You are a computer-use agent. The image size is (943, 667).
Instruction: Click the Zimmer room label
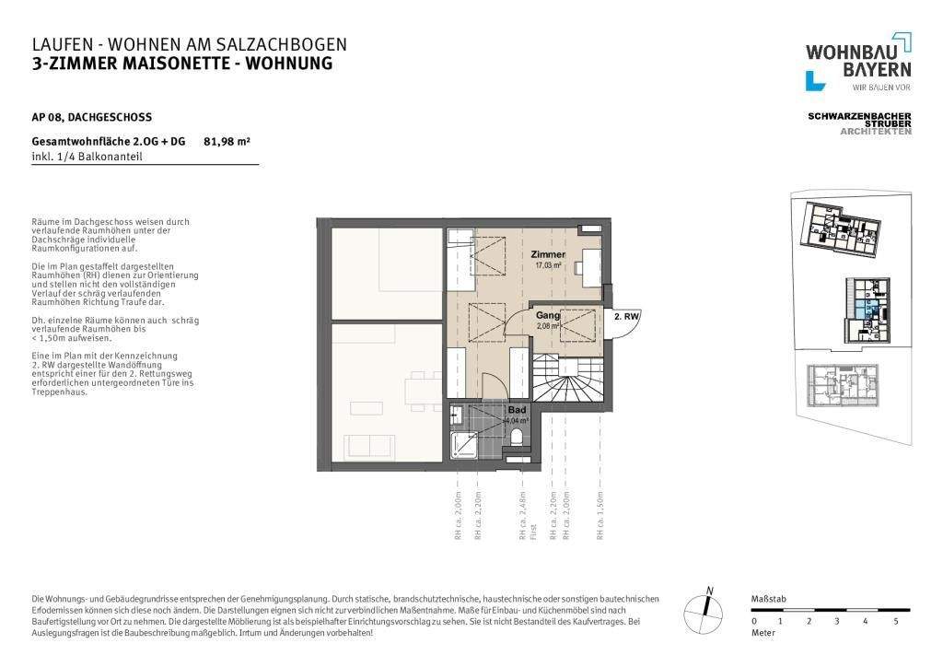click(x=548, y=254)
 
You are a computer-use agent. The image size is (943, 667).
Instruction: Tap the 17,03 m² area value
click(x=548, y=264)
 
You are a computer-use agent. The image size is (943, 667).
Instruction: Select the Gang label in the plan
click(x=548, y=315)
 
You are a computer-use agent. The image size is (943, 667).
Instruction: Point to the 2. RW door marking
click(x=626, y=317)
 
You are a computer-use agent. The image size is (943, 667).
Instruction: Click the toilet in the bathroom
click(x=518, y=437)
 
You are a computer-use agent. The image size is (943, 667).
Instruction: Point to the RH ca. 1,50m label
click(x=600, y=516)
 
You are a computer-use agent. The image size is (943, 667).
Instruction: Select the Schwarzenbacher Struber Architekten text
click(x=859, y=123)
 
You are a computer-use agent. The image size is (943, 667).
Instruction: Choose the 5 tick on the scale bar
click(x=896, y=621)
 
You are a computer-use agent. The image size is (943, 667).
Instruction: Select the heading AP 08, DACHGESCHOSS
click(x=91, y=117)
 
